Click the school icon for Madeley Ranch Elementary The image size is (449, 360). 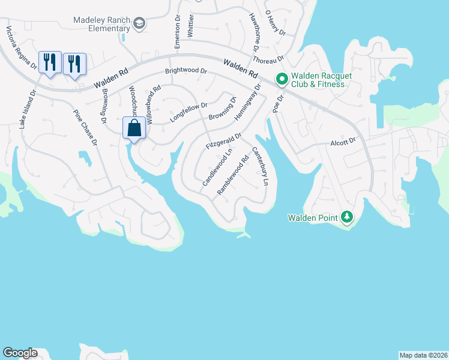139,24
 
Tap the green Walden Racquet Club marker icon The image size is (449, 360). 281,79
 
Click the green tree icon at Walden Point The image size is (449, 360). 346,217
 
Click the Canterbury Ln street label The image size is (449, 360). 260,166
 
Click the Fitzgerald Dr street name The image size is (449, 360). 223,142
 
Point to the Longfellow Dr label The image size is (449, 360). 188,111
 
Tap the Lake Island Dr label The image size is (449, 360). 27,109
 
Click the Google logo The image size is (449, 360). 20,353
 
